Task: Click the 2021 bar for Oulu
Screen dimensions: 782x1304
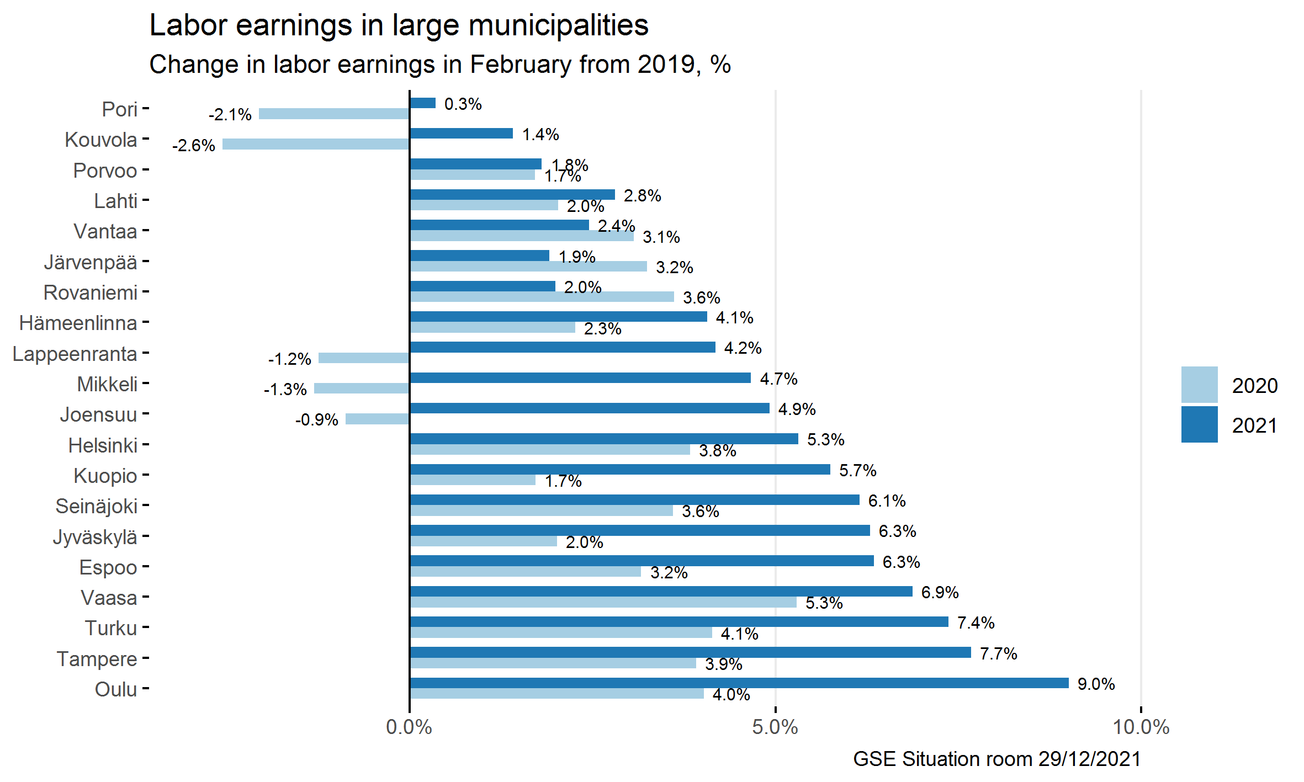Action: pyautogui.click(x=739, y=683)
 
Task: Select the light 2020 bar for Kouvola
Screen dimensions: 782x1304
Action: pyautogui.click(x=315, y=144)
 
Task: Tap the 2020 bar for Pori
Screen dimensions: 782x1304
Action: pyautogui.click(x=333, y=114)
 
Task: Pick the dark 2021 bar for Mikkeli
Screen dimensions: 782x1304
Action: pyautogui.click(x=580, y=377)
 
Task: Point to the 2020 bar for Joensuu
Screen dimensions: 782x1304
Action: pyautogui.click(x=377, y=419)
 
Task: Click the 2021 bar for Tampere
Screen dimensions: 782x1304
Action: pyautogui.click(x=690, y=652)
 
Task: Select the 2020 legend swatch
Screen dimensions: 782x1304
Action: pyautogui.click(x=1199, y=385)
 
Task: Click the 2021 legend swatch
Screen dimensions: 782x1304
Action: pyautogui.click(x=1199, y=424)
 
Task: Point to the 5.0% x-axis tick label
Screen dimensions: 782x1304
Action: pyautogui.click(x=775, y=727)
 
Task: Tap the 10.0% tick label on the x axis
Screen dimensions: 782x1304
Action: pyautogui.click(x=1141, y=727)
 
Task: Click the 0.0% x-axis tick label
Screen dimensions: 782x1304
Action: pyautogui.click(x=409, y=727)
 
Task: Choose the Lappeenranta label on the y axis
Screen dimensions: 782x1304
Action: pyautogui.click(x=75, y=354)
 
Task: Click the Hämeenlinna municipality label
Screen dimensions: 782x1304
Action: pyautogui.click(x=78, y=323)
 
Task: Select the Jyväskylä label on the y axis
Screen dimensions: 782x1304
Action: pyautogui.click(x=95, y=537)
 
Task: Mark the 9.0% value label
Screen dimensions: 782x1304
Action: pyautogui.click(x=1096, y=684)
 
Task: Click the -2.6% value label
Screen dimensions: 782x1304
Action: pyautogui.click(x=193, y=145)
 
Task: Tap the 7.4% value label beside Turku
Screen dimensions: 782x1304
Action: pyautogui.click(x=976, y=623)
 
